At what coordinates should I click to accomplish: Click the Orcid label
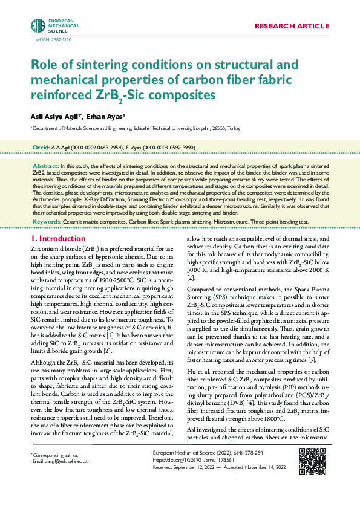pos(40,148)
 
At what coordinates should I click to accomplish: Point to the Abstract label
pos(45,165)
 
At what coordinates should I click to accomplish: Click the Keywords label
pos(47,222)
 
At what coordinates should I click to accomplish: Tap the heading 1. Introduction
pos(59,239)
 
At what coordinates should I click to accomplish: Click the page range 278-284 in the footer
pos(255,469)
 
